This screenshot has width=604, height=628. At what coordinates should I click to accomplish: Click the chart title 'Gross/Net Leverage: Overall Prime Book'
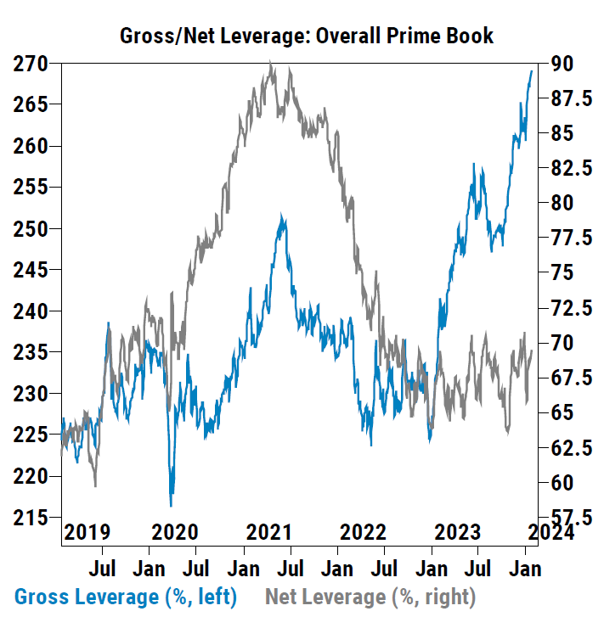click(307, 36)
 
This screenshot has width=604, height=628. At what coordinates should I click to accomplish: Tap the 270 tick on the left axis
click(31, 64)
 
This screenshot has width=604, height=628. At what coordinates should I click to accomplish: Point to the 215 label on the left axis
click(31, 517)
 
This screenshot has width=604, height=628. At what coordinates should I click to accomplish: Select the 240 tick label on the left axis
click(31, 311)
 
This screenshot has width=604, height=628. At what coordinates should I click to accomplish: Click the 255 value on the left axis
click(31, 188)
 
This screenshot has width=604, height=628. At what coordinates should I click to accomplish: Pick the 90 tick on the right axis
click(562, 64)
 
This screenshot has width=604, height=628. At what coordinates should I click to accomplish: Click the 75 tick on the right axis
click(562, 272)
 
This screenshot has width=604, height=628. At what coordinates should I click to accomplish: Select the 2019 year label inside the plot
click(88, 532)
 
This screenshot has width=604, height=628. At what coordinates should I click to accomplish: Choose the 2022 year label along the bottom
click(363, 532)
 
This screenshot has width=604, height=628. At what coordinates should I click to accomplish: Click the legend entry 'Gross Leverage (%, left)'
click(126, 597)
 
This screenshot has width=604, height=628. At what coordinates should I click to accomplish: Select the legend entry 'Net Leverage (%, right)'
click(370, 597)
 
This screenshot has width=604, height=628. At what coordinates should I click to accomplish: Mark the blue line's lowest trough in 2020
click(172, 506)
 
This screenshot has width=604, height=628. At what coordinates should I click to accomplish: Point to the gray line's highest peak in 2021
click(270, 62)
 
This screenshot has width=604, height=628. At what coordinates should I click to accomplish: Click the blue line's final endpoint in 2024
click(532, 71)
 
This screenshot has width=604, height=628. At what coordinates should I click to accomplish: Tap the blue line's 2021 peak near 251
click(282, 216)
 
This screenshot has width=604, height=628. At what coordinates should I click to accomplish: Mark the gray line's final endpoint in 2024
click(532, 351)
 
